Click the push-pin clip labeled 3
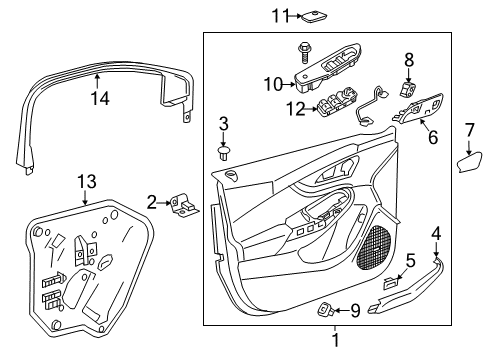coord(223,154)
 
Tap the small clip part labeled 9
coord(327,307)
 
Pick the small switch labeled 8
coord(408,88)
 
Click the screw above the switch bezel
coord(301,49)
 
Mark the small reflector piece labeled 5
coord(391,285)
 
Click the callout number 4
coord(436,234)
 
